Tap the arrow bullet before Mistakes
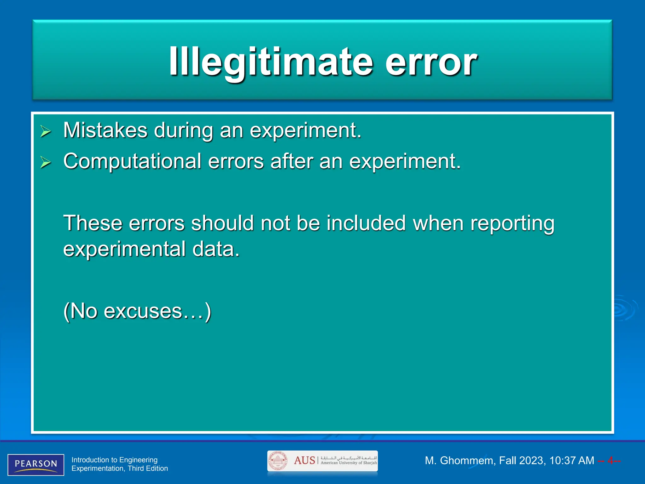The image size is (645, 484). point(46,131)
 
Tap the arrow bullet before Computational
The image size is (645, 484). point(46,162)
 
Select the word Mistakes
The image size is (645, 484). point(105,130)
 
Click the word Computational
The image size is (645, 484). point(132,161)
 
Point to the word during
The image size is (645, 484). point(183,131)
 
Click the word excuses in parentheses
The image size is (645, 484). point(143,311)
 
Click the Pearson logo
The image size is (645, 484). point(36,464)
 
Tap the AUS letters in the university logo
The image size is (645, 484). point(304,460)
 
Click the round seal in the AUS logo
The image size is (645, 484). point(277,461)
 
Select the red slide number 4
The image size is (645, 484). point(610,461)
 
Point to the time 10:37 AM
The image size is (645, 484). point(571,461)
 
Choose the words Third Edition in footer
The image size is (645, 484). point(148,469)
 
